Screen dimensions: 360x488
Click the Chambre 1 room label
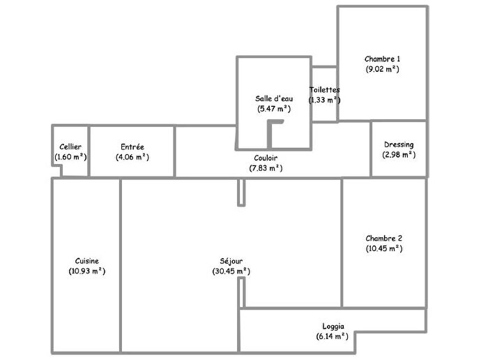tap(383, 59)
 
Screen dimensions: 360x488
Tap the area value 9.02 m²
tap(383, 70)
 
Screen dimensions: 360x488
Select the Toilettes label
tap(325, 90)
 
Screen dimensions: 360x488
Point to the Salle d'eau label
tap(273, 98)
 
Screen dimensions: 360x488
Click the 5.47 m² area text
tap(273, 109)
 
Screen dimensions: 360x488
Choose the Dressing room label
tap(399, 145)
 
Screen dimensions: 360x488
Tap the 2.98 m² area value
tap(399, 155)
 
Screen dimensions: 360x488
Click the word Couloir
tap(266, 158)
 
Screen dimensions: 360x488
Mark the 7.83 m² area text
tap(266, 168)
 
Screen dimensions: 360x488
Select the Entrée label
tap(132, 147)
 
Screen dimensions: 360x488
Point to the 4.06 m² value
tap(132, 157)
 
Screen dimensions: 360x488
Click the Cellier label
tap(70, 147)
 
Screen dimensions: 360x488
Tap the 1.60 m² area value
tap(70, 157)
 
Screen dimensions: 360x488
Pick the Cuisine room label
tap(87, 260)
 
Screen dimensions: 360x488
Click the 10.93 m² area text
tap(87, 271)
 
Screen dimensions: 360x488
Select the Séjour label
tap(231, 261)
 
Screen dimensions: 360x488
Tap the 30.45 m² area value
tap(231, 271)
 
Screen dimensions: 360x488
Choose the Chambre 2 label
tap(383, 238)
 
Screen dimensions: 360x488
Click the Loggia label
tap(333, 326)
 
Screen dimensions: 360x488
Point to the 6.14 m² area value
tap(333, 336)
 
